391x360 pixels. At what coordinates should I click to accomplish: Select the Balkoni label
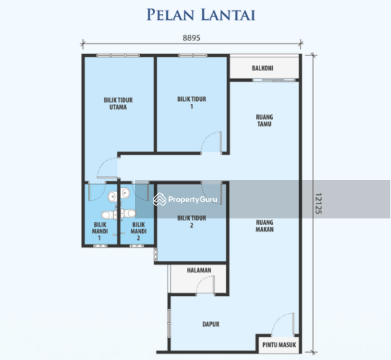click(262, 69)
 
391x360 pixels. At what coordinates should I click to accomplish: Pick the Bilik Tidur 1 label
click(191, 103)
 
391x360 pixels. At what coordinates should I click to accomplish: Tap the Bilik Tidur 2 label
click(191, 222)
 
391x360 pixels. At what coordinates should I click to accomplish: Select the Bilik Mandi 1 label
click(100, 231)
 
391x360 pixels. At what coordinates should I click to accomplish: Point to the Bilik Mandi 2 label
click(138, 231)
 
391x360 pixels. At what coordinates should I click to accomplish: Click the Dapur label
click(210, 324)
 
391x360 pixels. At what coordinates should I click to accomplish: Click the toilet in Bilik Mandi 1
click(107, 214)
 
